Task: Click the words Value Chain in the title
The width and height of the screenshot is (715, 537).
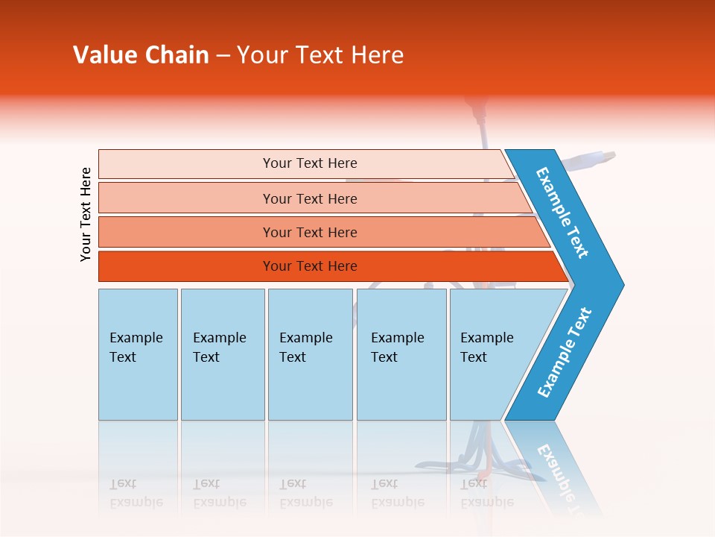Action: tap(141, 55)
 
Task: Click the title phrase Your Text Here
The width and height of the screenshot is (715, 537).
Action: tap(320, 55)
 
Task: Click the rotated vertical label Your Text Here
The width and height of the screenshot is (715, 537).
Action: tap(86, 214)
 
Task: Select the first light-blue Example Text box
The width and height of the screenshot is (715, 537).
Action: tap(138, 354)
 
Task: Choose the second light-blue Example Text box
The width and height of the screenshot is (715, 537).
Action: tap(223, 354)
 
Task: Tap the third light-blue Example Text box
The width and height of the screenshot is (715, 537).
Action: tap(310, 354)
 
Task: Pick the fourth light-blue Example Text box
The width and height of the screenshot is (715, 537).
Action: tap(401, 354)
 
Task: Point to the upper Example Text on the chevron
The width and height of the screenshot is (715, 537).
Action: tap(562, 213)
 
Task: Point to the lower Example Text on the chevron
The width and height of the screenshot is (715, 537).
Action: tap(564, 353)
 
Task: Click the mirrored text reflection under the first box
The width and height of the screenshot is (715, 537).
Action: tap(136, 493)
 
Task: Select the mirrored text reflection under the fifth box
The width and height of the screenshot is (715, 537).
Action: tap(487, 493)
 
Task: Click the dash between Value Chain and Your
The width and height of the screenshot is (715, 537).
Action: tap(223, 56)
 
